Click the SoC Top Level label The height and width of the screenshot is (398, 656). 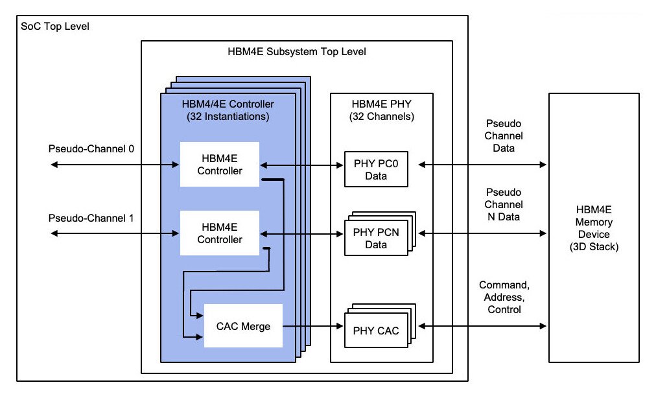pyautogui.click(x=55, y=27)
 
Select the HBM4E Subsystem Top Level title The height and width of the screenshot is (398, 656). pyautogui.click(x=297, y=51)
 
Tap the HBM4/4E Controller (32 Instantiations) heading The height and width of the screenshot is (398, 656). pyautogui.click(x=228, y=110)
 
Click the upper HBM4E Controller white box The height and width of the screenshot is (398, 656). pyautogui.click(x=220, y=165)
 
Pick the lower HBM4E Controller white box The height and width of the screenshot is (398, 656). pyautogui.click(x=220, y=233)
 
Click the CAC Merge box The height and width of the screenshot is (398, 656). pyautogui.click(x=243, y=325)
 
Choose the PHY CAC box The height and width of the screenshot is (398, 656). pyautogui.click(x=375, y=331)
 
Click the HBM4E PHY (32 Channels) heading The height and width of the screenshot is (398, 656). pyautogui.click(x=382, y=110)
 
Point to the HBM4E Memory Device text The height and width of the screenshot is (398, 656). pyautogui.click(x=593, y=228)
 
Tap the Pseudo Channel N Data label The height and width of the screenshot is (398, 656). pyautogui.click(x=504, y=205)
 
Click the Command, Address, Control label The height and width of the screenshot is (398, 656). pyautogui.click(x=504, y=298)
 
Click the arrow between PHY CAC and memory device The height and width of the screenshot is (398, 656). pyautogui.click(x=482, y=326)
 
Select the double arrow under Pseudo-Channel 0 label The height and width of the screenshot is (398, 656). pyautogui.click(x=114, y=165)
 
